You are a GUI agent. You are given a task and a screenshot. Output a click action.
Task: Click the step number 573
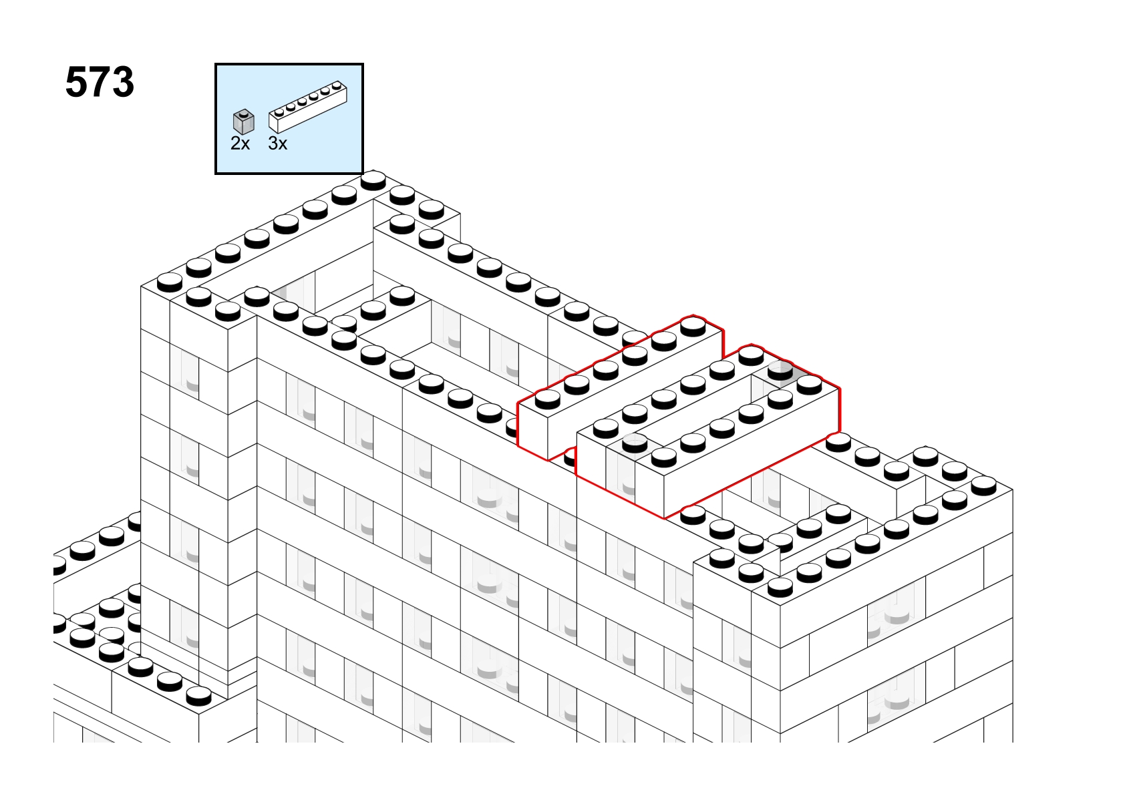[100, 82]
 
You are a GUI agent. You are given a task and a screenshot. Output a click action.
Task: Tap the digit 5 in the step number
[76, 82]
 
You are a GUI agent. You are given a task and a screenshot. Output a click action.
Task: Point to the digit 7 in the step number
[100, 82]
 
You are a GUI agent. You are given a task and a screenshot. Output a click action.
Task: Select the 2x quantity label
[240, 144]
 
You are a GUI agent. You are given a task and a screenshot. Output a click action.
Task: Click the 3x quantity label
[278, 144]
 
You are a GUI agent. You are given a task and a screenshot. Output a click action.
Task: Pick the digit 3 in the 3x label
[273, 144]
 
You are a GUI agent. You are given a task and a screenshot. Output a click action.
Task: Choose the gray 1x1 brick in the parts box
[244, 122]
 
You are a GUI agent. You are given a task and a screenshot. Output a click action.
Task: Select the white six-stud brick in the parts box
[308, 106]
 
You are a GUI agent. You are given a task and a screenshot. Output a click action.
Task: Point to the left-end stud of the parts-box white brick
[279, 112]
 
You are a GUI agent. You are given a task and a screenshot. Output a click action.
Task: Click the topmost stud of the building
[373, 180]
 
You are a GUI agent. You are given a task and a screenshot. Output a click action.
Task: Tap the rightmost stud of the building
[984, 485]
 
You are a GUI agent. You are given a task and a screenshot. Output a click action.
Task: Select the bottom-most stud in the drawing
[199, 696]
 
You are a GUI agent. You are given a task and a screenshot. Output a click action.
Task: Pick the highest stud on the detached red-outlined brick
[693, 327]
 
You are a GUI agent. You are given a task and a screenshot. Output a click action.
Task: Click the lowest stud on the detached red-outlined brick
[547, 399]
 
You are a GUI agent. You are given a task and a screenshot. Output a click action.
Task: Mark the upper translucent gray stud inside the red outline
[780, 371]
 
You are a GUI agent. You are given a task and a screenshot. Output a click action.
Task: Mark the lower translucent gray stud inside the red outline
[635, 443]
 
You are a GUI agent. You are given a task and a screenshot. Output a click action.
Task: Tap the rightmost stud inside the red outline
[809, 385]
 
